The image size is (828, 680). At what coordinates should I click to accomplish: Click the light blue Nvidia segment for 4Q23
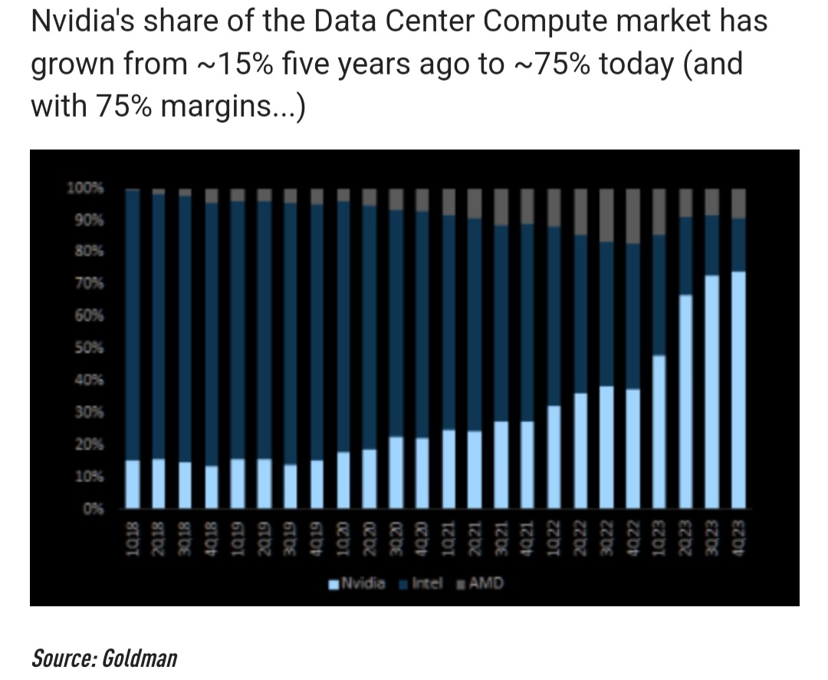click(x=738, y=389)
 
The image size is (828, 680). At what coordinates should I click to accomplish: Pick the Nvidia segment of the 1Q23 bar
click(x=659, y=431)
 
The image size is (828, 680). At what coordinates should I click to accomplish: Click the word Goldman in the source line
click(x=137, y=658)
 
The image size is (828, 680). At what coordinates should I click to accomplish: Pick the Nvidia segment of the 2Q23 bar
click(x=685, y=401)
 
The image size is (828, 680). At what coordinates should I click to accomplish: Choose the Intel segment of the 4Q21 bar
click(x=527, y=322)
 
